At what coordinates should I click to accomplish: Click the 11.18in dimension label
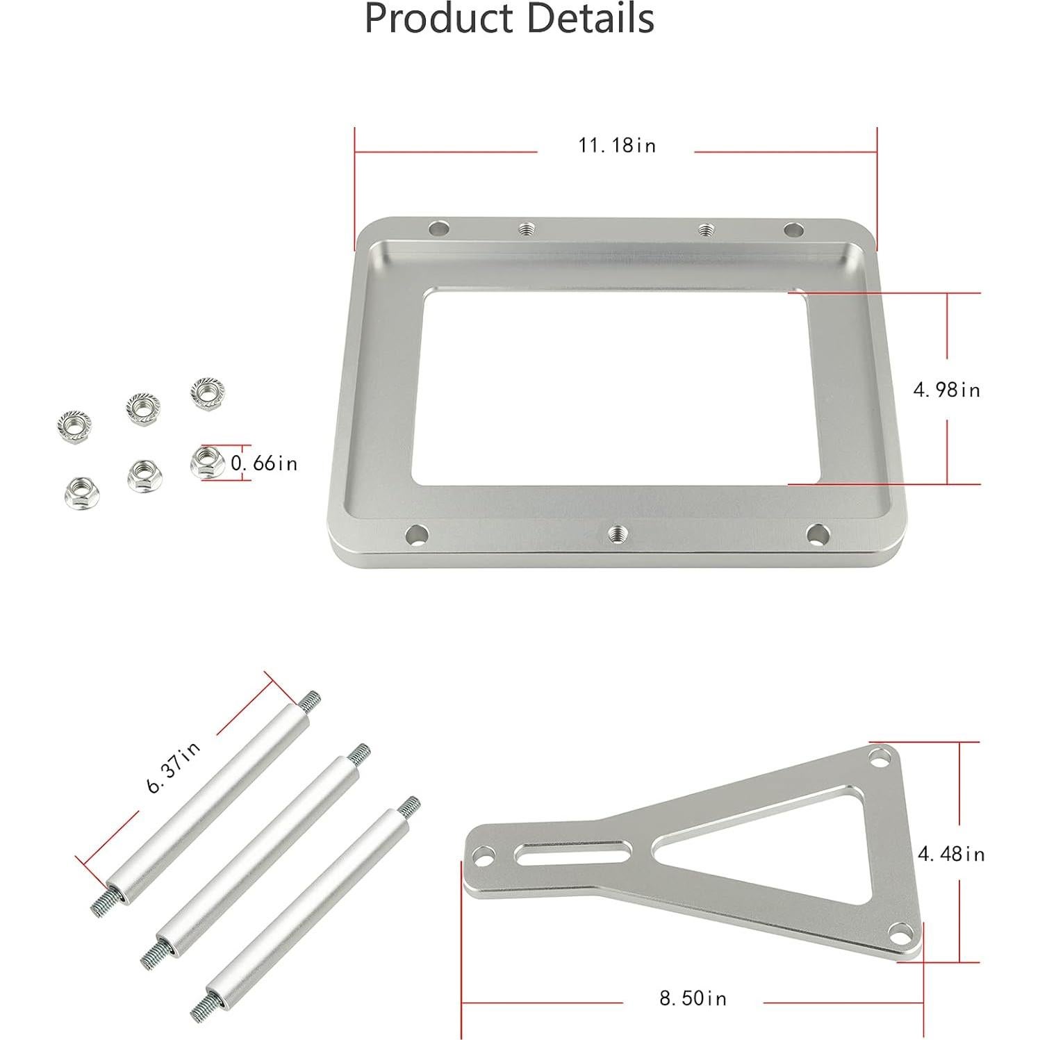617,145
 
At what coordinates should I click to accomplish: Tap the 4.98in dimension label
947,390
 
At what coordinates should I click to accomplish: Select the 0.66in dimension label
264,463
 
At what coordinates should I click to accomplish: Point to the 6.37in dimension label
174,767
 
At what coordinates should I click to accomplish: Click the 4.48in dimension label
952,854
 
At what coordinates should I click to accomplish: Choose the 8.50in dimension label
693,998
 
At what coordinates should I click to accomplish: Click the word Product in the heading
440,18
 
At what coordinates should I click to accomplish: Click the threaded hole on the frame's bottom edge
616,533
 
